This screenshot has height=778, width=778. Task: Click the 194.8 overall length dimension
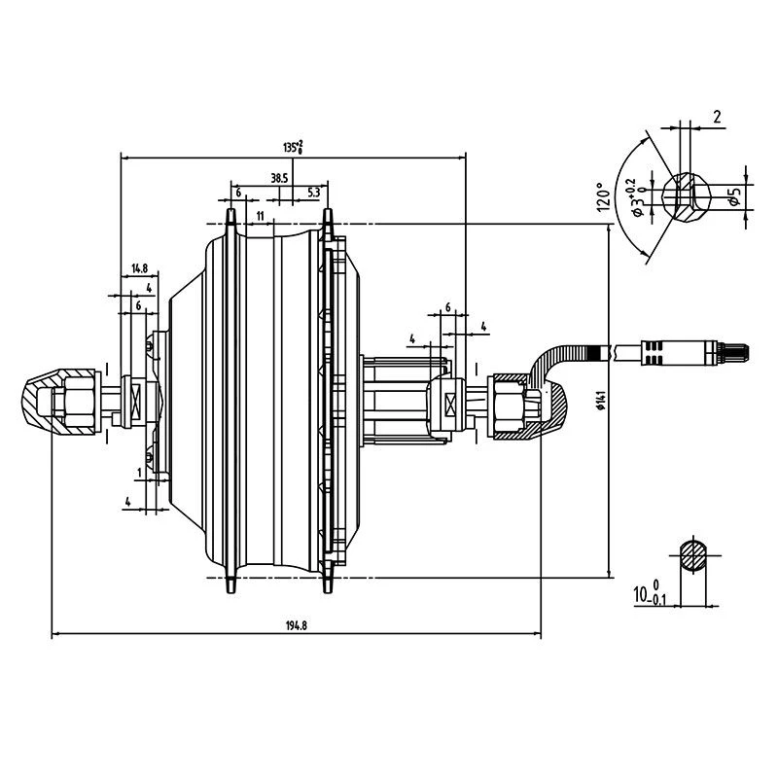point(297,625)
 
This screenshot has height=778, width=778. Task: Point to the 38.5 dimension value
point(279,178)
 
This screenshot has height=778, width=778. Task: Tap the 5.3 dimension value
point(313,193)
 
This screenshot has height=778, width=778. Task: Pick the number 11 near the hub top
point(260,214)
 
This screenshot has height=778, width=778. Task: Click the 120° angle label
point(602,197)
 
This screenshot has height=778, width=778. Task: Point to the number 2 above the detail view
point(716,118)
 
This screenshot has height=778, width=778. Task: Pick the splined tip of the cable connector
point(736,351)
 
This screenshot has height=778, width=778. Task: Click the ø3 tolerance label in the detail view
point(633,197)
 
